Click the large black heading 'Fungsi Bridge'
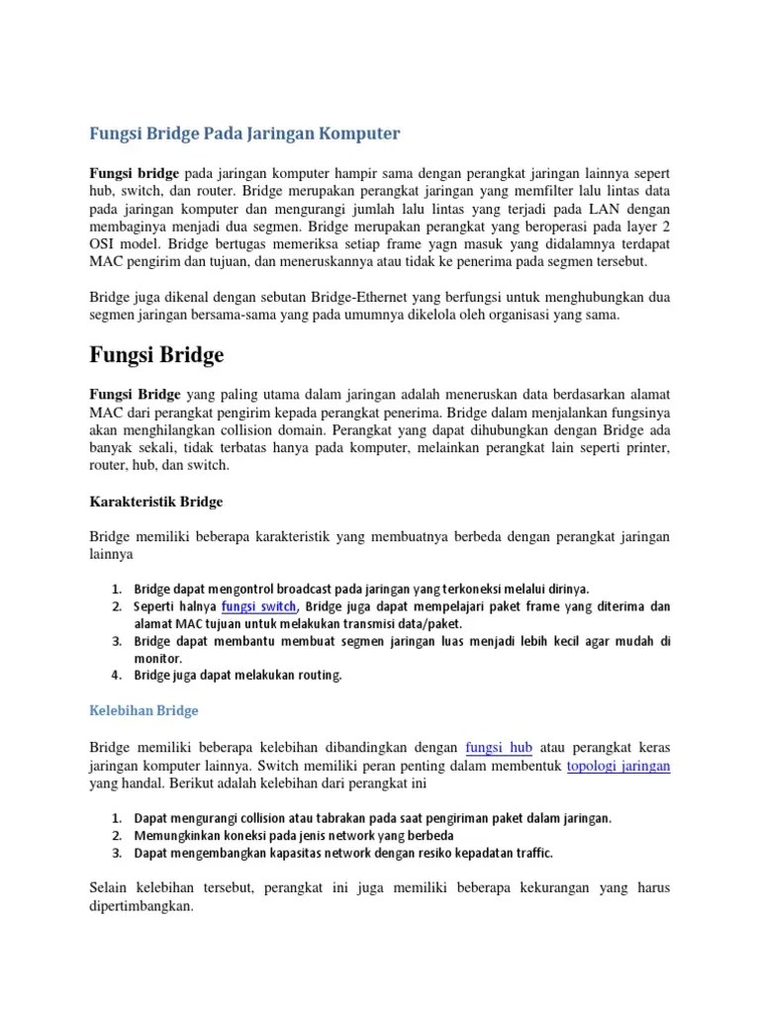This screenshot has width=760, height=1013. pyautogui.click(x=157, y=354)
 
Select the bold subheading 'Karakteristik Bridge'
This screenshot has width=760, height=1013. pyautogui.click(x=156, y=502)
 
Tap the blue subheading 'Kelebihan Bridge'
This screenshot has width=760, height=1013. pyautogui.click(x=144, y=710)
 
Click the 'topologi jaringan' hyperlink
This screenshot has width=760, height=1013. pyautogui.click(x=618, y=766)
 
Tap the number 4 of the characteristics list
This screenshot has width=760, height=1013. pyautogui.click(x=116, y=676)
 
